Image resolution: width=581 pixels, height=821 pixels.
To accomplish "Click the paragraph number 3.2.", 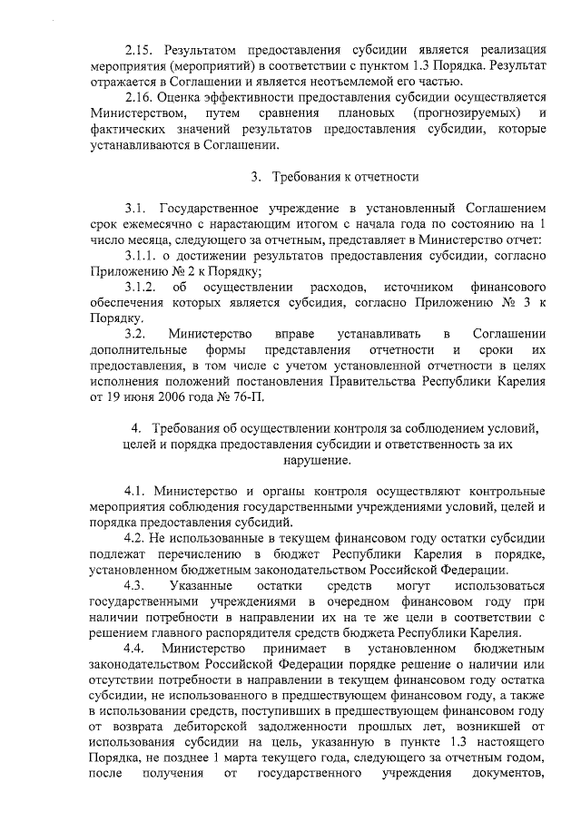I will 137,335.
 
